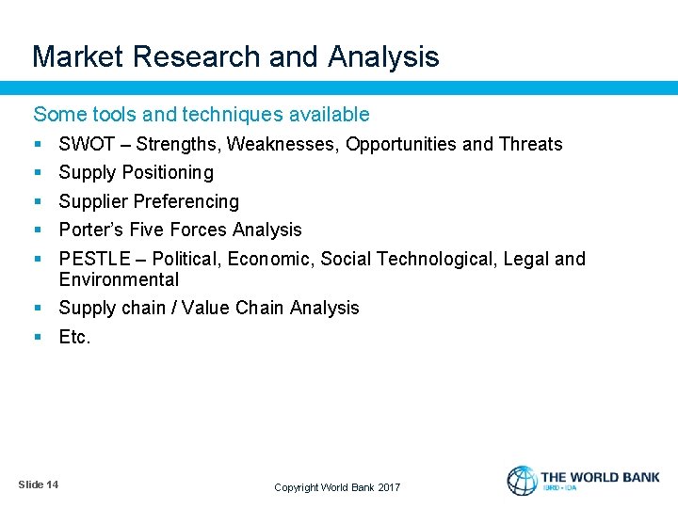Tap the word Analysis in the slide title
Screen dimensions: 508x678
(x=383, y=57)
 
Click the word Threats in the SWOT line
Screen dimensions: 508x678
(x=530, y=144)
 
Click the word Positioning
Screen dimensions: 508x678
(x=168, y=172)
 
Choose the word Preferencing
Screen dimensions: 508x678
(x=186, y=201)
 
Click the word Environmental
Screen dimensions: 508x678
(x=119, y=279)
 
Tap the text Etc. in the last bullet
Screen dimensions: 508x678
(x=74, y=337)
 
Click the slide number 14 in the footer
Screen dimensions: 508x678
(x=51, y=484)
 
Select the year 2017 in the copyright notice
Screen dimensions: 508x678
(x=389, y=487)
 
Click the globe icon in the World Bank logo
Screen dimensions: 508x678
(x=522, y=481)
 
